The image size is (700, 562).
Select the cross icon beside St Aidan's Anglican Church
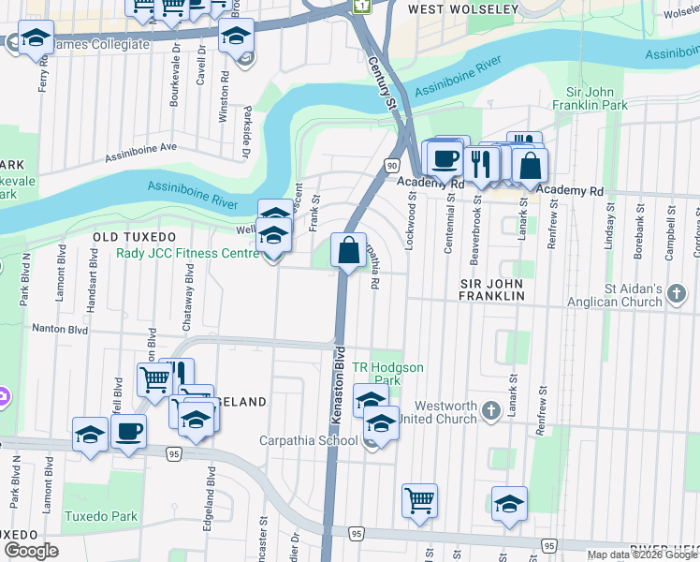(678, 296)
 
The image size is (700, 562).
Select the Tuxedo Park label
(100, 516)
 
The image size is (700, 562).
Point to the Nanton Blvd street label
(60, 330)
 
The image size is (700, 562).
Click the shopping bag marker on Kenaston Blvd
(348, 251)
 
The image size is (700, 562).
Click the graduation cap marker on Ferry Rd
(36, 39)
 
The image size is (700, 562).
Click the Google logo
(31, 551)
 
